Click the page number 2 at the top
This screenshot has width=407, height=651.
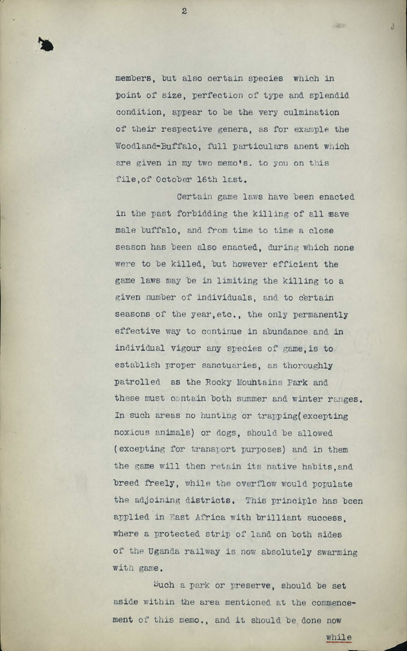coord(185,11)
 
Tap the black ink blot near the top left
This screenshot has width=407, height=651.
coord(46,44)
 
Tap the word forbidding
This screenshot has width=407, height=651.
coord(200,214)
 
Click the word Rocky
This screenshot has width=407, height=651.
coord(221,382)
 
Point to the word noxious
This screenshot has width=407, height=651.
coord(133,433)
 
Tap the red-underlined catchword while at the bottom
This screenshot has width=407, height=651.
coord(339,637)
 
